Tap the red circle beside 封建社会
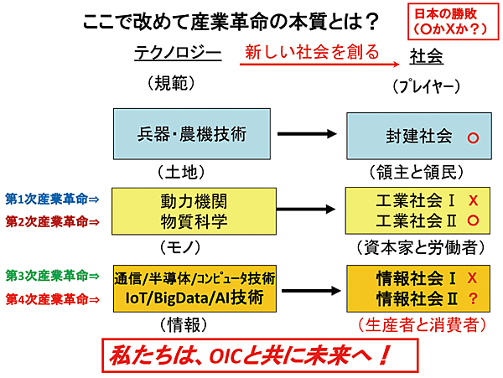coord(473,136)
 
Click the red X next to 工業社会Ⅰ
coord(473,201)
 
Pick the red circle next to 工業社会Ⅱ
coord(473,221)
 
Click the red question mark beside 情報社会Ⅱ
coord(473,298)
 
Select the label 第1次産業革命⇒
coord(52,199)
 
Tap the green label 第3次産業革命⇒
coord(52,276)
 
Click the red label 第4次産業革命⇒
coord(52,298)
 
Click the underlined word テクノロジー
coord(178,54)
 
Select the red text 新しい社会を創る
coord(307,52)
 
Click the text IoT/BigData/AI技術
coord(194,298)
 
